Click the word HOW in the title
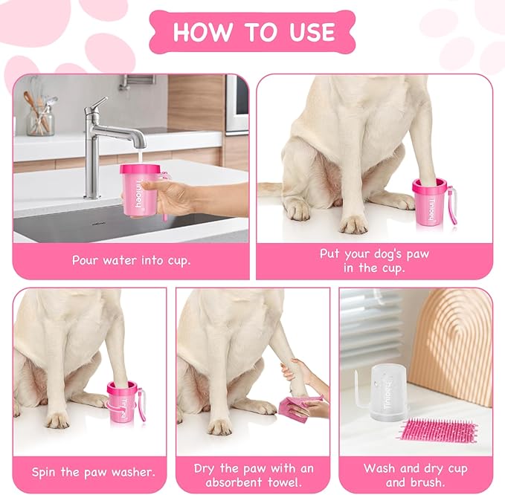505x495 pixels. [202, 32]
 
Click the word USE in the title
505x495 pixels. [312, 32]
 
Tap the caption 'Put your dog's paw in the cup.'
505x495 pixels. [374, 261]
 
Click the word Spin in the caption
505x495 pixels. [44, 472]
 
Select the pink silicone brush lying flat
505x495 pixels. [439, 430]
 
